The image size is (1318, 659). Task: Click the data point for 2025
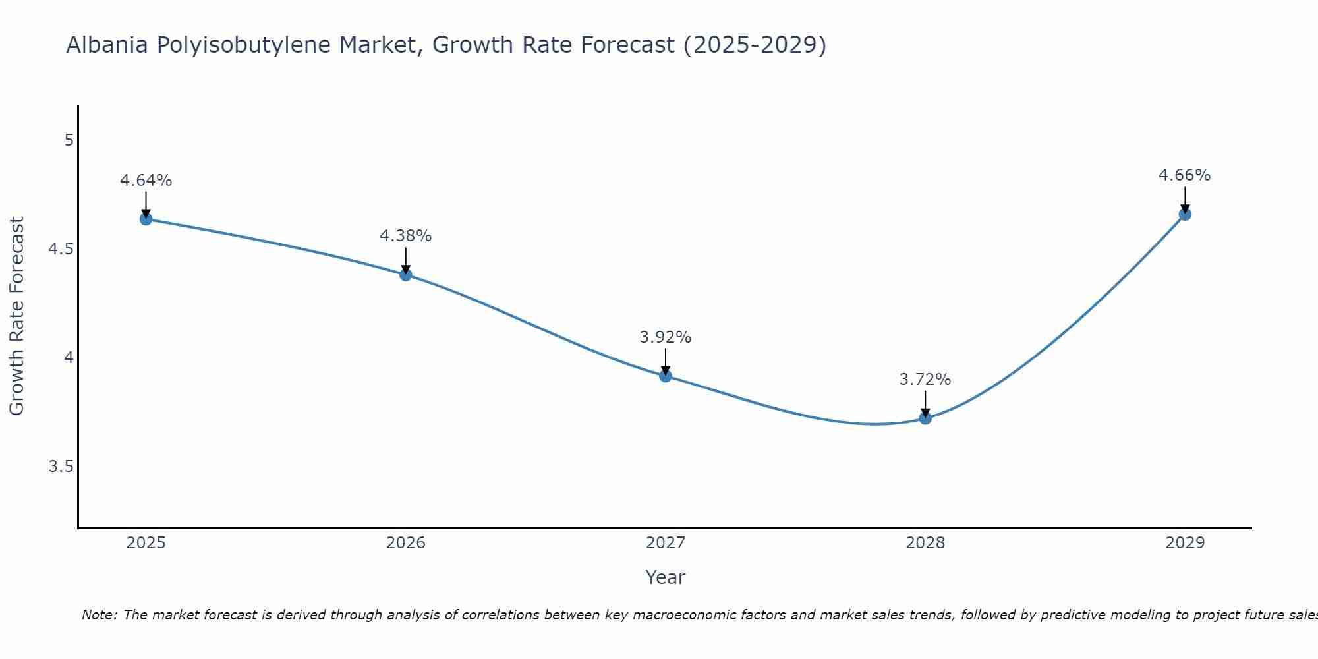tap(146, 219)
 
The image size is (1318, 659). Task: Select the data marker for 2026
tap(406, 275)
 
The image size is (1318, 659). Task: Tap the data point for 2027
tap(666, 376)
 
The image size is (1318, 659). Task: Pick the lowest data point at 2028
tap(925, 418)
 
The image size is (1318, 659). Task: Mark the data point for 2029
tap(1185, 214)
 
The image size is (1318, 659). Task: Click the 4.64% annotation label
tap(146, 181)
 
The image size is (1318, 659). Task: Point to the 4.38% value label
tap(406, 236)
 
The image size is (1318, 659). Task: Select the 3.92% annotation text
tap(666, 337)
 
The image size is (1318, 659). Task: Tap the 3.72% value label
tap(925, 380)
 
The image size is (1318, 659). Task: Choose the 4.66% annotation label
tap(1185, 175)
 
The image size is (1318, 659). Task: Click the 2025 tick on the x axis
tap(146, 543)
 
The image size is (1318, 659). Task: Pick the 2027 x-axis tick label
tap(666, 543)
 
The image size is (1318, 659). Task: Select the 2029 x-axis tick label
tap(1185, 543)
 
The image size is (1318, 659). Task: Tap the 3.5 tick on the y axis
tap(61, 467)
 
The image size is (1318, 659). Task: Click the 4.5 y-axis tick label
tap(61, 249)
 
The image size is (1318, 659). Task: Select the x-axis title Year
tap(666, 577)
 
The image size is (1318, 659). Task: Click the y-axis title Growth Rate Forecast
tap(17, 316)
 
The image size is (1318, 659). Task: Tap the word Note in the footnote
tap(99, 615)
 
